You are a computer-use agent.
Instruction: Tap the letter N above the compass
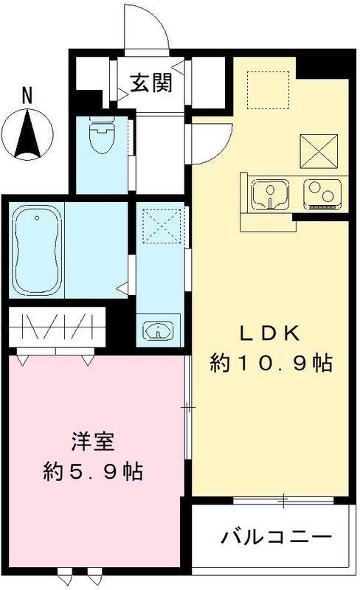click(x=27, y=95)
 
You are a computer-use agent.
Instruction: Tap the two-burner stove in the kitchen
click(x=322, y=195)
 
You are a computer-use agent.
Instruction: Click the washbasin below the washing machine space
click(x=157, y=330)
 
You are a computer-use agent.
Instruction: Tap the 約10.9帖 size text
click(x=270, y=364)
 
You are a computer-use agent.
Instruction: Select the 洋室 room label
click(x=91, y=443)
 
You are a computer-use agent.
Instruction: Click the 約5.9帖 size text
click(x=91, y=471)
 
